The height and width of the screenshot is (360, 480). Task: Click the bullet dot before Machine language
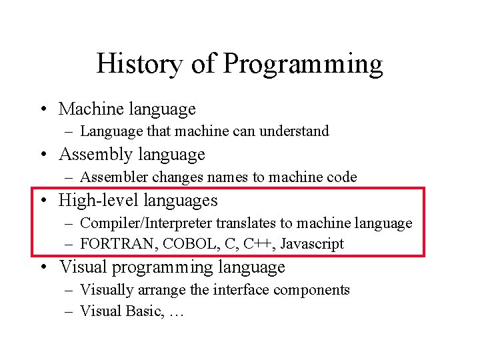tap(43, 109)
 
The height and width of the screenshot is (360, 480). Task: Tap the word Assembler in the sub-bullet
tap(115, 177)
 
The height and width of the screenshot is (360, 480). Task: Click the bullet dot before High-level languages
tap(43, 201)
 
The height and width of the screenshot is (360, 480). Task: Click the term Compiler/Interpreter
tap(145, 224)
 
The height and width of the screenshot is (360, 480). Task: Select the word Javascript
tap(311, 245)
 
